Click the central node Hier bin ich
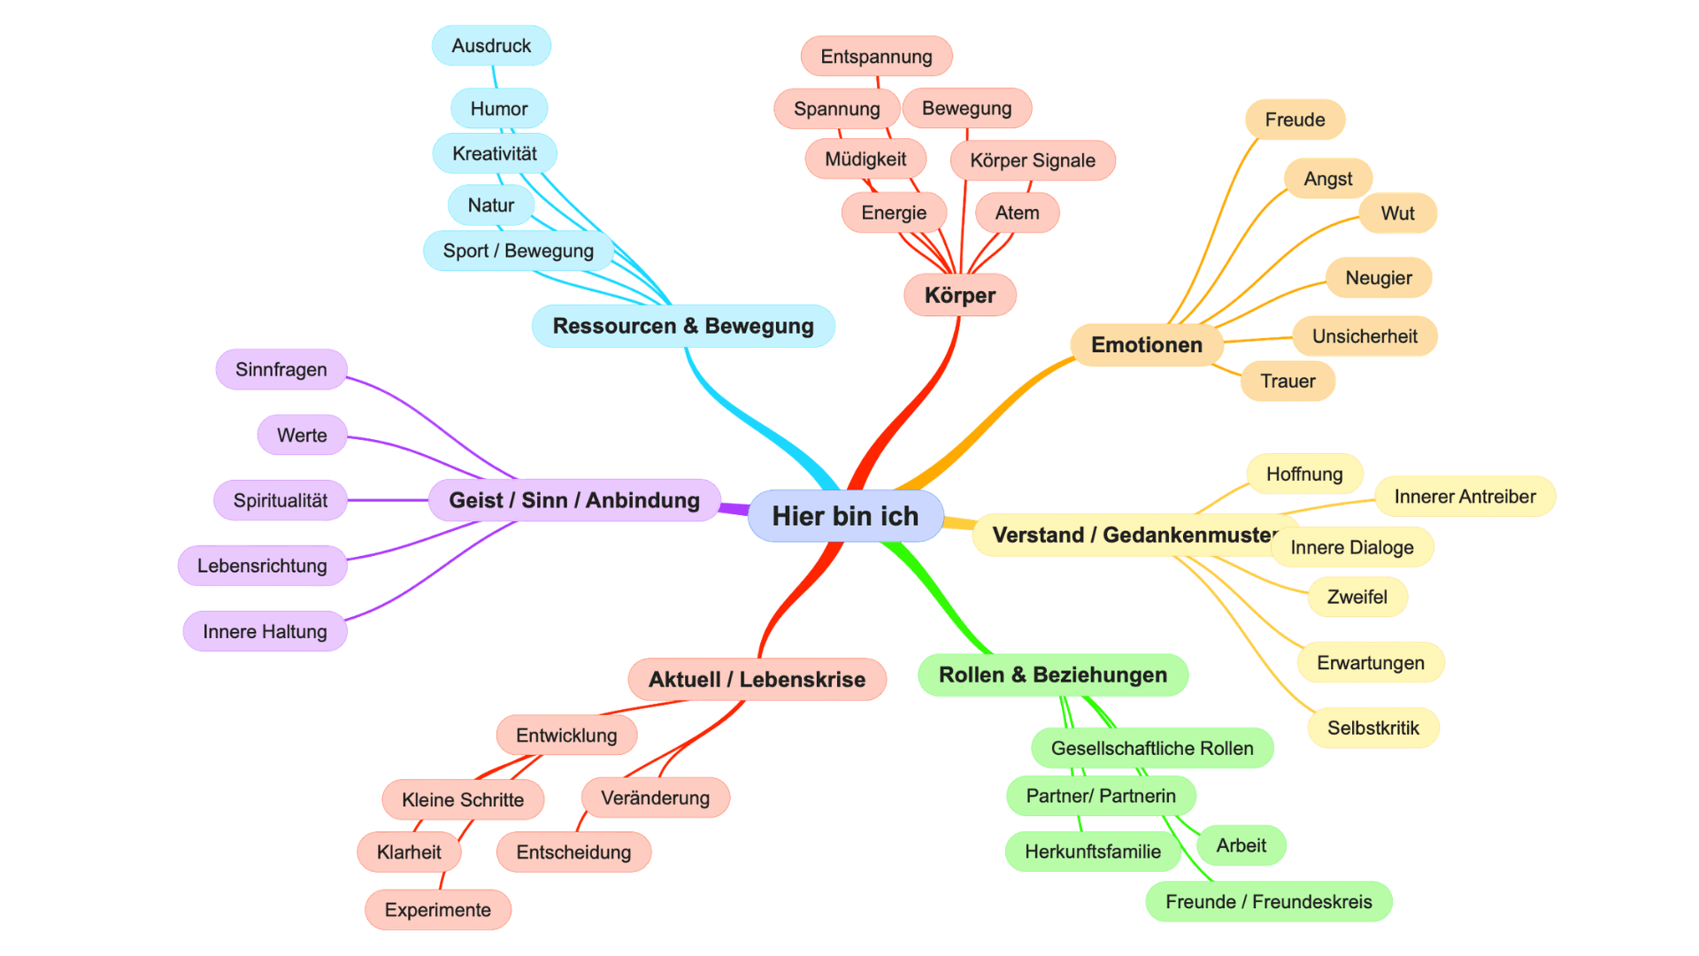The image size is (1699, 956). pos(845,516)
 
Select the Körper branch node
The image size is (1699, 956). pos(960,295)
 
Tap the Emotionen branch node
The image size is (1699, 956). pos(1146,344)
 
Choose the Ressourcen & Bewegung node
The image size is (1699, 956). pos(683,326)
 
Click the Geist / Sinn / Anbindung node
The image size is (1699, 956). pos(573,500)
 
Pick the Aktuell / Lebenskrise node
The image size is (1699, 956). pos(757,679)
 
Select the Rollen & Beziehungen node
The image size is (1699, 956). pos(1052,675)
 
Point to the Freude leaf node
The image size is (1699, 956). pos(1295,119)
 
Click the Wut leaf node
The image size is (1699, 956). pos(1397,213)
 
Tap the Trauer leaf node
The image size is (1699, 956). pos(1288,381)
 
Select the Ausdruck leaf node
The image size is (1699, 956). pos(491,46)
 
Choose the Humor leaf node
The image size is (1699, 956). pos(499,109)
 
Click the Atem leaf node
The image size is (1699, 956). pos(1017,212)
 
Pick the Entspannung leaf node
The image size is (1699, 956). pos(876,57)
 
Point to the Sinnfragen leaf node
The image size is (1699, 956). pos(281,369)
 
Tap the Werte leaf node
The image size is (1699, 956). pos(302,435)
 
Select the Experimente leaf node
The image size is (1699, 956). pos(437,910)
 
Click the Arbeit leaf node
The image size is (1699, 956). pos(1241,845)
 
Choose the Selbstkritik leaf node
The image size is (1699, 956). pos(1372,728)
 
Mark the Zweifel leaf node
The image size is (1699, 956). pos(1357,597)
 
